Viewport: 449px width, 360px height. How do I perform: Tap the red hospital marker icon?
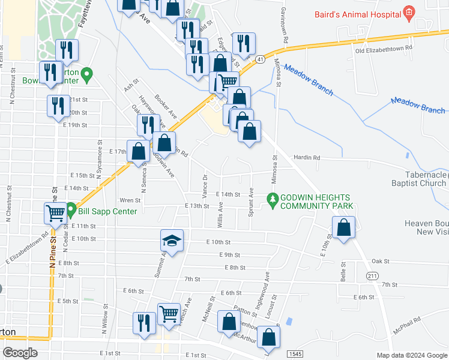click(x=409, y=11)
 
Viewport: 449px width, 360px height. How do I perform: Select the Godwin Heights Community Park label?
click(x=317, y=202)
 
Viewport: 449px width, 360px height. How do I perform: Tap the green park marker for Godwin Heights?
click(x=273, y=197)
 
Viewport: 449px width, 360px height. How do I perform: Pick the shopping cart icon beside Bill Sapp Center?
click(x=55, y=212)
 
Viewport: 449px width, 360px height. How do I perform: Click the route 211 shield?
click(x=373, y=275)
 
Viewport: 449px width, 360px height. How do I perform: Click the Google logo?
click(x=20, y=352)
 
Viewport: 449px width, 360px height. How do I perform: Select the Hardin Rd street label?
click(x=307, y=158)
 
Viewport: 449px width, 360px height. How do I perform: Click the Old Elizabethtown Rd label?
click(x=384, y=48)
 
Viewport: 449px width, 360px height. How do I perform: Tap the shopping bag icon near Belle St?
click(x=343, y=228)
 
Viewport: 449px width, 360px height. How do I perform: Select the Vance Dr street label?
click(x=205, y=187)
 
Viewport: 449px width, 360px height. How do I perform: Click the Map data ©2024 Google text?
click(x=411, y=355)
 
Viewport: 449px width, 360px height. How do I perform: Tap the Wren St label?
click(x=130, y=200)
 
